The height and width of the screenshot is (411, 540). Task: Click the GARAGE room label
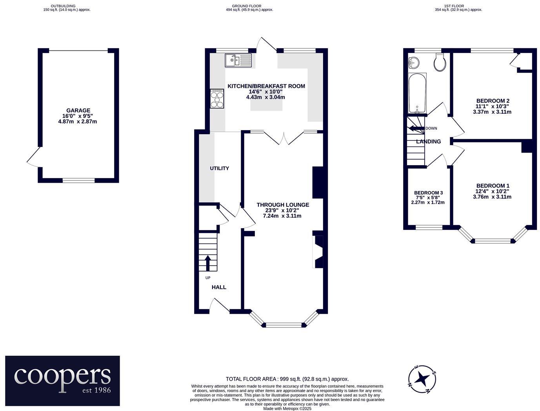(x=78, y=111)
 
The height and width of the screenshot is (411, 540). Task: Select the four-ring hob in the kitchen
(x=217, y=98)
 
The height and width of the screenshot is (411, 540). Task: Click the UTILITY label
(x=219, y=169)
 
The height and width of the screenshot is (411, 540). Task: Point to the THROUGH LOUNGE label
(x=283, y=205)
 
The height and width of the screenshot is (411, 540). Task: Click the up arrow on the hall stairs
(x=207, y=263)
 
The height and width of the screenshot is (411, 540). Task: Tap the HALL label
(x=219, y=287)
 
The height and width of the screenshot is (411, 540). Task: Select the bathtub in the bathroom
(x=417, y=93)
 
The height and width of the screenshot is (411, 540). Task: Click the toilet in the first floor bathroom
(x=440, y=62)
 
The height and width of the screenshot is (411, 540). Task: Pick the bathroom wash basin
(x=413, y=62)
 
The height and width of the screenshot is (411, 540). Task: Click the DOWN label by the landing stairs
(x=431, y=128)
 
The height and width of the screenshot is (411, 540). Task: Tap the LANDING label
(x=428, y=142)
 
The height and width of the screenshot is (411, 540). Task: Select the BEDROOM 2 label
(x=493, y=101)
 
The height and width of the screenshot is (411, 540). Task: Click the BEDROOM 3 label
(x=428, y=193)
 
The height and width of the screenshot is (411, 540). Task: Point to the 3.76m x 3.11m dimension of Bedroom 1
(x=492, y=197)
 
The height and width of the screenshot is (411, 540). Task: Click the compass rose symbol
(x=422, y=379)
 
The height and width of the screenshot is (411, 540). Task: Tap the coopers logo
(x=62, y=380)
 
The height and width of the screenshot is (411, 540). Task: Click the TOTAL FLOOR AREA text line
(x=287, y=379)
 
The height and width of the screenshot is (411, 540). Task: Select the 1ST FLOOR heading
(x=454, y=6)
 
